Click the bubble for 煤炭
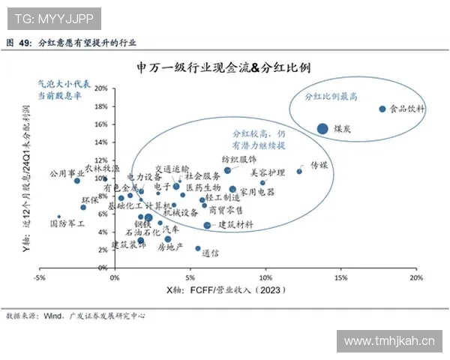pyautogui.click(x=322, y=128)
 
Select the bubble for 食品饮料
pyautogui.click(x=382, y=109)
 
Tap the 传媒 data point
pyautogui.click(x=299, y=171)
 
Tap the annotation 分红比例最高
pyautogui.click(x=330, y=97)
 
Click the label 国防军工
pyautogui.click(x=67, y=223)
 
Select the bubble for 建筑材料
pyautogui.click(x=207, y=225)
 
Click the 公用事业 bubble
pyautogui.click(x=76, y=181)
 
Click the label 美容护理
pyautogui.click(x=268, y=172)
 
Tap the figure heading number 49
pyautogui.click(x=25, y=43)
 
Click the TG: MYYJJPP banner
pyautogui.click(x=51, y=16)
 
